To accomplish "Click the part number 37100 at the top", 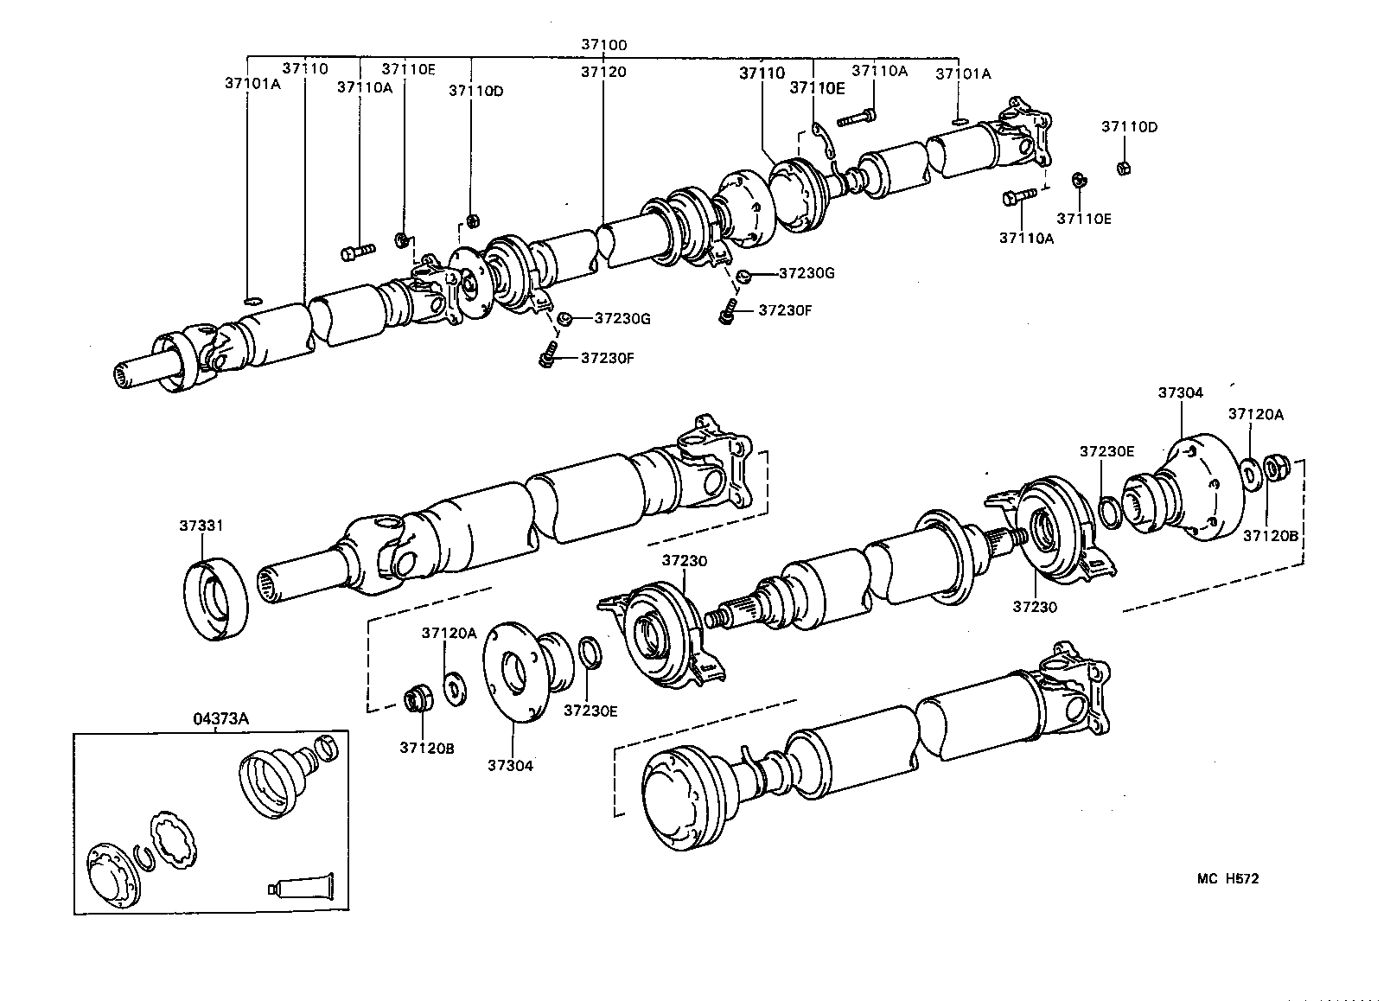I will [603, 44].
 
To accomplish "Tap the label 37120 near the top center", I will [603, 73].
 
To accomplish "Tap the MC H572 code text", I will [1227, 879].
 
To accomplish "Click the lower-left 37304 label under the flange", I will [510, 765].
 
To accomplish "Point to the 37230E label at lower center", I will [590, 711].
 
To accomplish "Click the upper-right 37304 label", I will [1180, 392].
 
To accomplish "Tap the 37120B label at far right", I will [1271, 536].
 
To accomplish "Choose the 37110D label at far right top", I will [1129, 127].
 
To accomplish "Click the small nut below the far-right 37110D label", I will [1124, 167].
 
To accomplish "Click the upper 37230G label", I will [807, 273].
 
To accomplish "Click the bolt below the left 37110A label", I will [356, 252].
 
